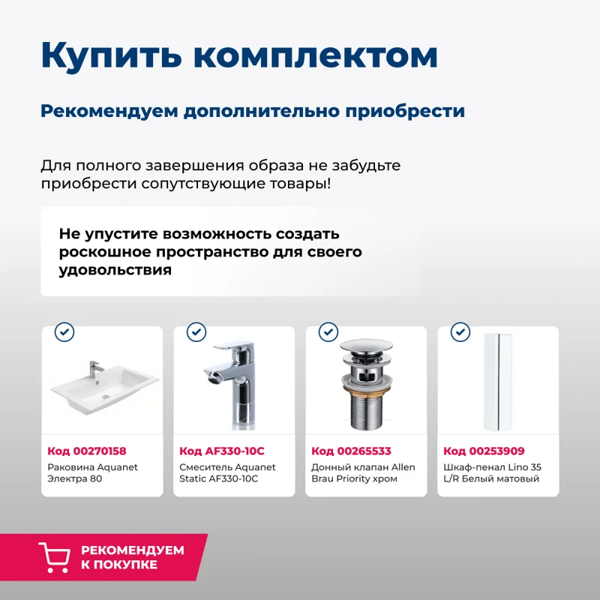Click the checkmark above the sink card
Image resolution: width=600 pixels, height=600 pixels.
(x=64, y=331)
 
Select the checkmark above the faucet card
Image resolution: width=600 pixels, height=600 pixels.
(x=196, y=331)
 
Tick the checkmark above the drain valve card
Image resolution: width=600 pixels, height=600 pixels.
(x=328, y=331)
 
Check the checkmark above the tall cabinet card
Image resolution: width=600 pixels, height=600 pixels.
(x=460, y=331)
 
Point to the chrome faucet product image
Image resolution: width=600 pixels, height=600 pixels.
(x=235, y=382)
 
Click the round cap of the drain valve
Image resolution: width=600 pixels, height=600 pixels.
(x=366, y=349)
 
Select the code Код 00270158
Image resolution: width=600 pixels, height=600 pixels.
(x=87, y=451)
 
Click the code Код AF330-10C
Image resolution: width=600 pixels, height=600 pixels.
(x=222, y=451)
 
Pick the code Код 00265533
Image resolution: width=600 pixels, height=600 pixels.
(x=351, y=451)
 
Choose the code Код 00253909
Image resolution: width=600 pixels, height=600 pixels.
(x=484, y=451)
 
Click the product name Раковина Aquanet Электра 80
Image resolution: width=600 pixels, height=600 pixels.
(x=92, y=472)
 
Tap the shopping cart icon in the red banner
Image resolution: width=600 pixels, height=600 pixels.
(x=54, y=557)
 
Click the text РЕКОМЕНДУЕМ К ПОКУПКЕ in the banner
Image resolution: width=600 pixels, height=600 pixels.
(x=132, y=557)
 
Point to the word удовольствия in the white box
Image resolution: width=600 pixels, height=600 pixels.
(x=115, y=270)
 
